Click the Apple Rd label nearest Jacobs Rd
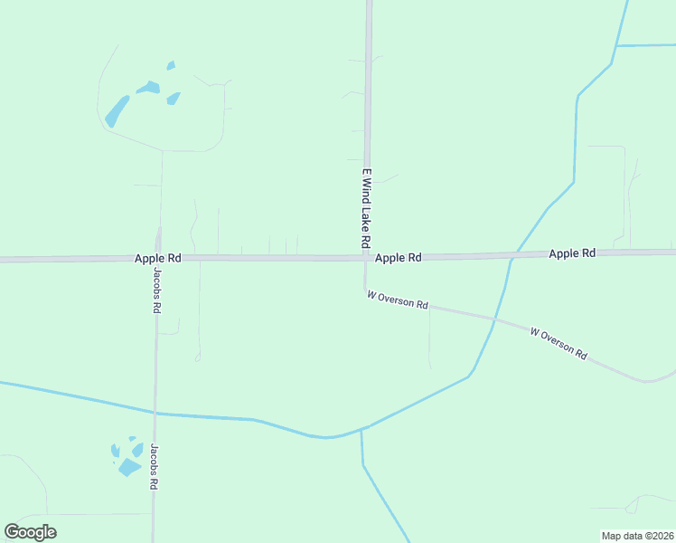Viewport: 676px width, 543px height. coord(158,258)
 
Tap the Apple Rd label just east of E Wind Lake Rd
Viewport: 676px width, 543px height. coord(399,258)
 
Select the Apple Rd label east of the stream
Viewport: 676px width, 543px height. coord(572,253)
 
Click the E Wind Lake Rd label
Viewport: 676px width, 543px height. coord(366,208)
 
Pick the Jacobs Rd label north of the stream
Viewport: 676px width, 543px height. coord(156,290)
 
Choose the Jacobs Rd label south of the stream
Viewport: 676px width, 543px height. coord(155,466)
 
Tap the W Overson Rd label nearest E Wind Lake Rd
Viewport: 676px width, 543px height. coord(398,300)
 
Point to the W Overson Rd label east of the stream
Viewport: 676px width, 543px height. coord(559,344)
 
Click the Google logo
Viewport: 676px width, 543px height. coord(30,532)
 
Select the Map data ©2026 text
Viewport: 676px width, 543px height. coord(638,536)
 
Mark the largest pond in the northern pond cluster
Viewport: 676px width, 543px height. coord(117,111)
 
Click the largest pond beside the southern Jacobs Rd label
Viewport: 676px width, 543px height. coord(128,467)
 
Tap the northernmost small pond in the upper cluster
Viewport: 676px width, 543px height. coord(170,65)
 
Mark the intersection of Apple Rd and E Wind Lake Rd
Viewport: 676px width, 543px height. coord(366,258)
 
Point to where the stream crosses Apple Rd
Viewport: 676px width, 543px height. coord(511,257)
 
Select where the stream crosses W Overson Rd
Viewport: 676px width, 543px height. coord(494,319)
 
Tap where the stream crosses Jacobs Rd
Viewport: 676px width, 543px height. coord(155,414)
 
